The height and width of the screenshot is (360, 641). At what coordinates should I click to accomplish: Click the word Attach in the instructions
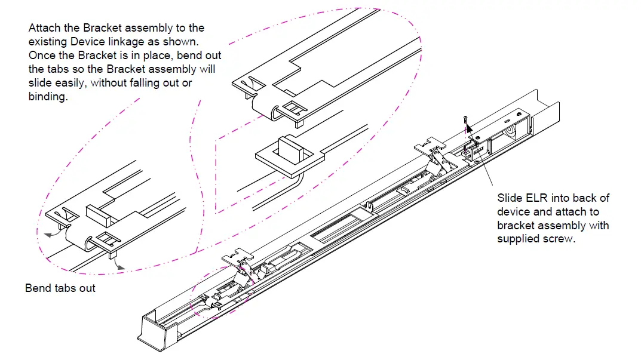tap(43, 28)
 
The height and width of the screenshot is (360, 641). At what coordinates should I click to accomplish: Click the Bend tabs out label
tap(60, 288)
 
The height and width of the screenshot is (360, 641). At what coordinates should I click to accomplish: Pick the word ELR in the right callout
tap(534, 198)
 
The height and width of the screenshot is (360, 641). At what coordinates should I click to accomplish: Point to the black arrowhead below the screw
tap(469, 127)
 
